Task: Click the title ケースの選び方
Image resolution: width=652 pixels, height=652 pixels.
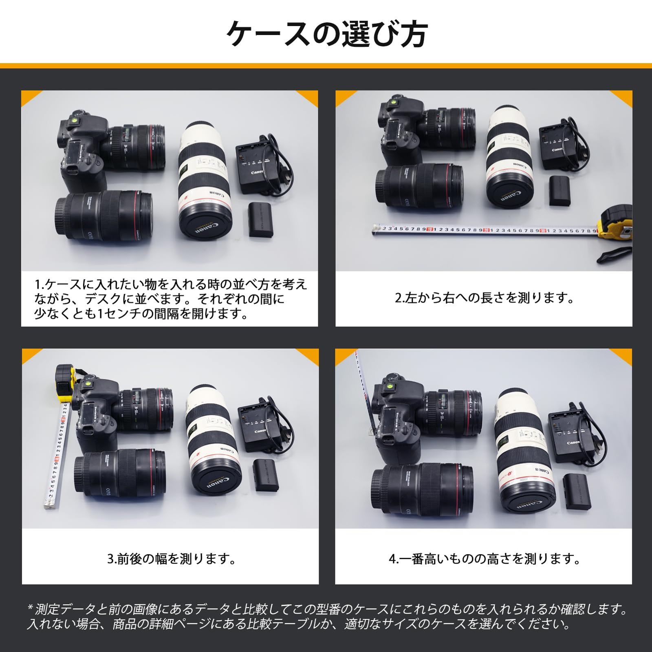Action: coord(326,35)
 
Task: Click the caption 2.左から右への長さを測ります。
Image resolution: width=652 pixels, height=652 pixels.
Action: coord(484,298)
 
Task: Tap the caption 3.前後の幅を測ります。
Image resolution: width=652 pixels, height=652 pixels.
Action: coord(171,559)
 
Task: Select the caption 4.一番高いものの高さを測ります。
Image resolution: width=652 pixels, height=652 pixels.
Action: coord(484,559)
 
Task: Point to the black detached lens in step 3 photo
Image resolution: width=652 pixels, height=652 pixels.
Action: coord(120,473)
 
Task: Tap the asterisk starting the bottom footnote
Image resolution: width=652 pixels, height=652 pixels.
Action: coord(30,610)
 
